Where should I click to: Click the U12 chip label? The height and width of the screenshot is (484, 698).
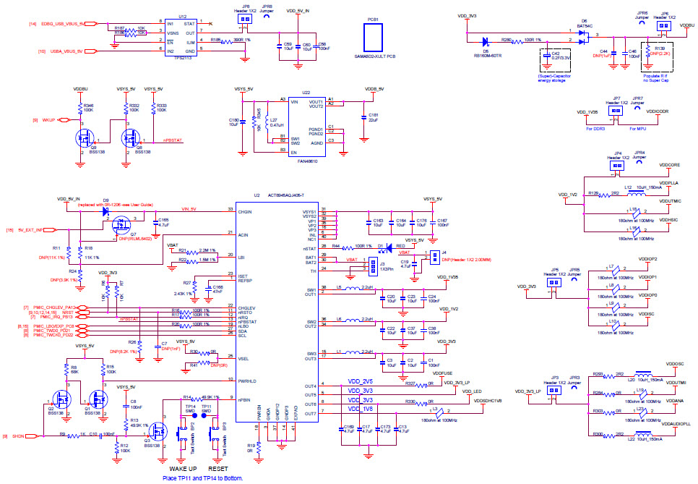[182, 16]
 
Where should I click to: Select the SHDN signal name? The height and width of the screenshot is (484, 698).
[19, 436]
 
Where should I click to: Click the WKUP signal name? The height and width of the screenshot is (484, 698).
[49, 120]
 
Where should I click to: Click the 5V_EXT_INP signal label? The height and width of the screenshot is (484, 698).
[31, 230]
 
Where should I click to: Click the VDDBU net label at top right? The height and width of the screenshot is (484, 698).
[686, 25]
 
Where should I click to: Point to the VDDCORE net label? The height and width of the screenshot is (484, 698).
[670, 165]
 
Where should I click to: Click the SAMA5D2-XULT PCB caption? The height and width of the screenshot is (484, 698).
[375, 56]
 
